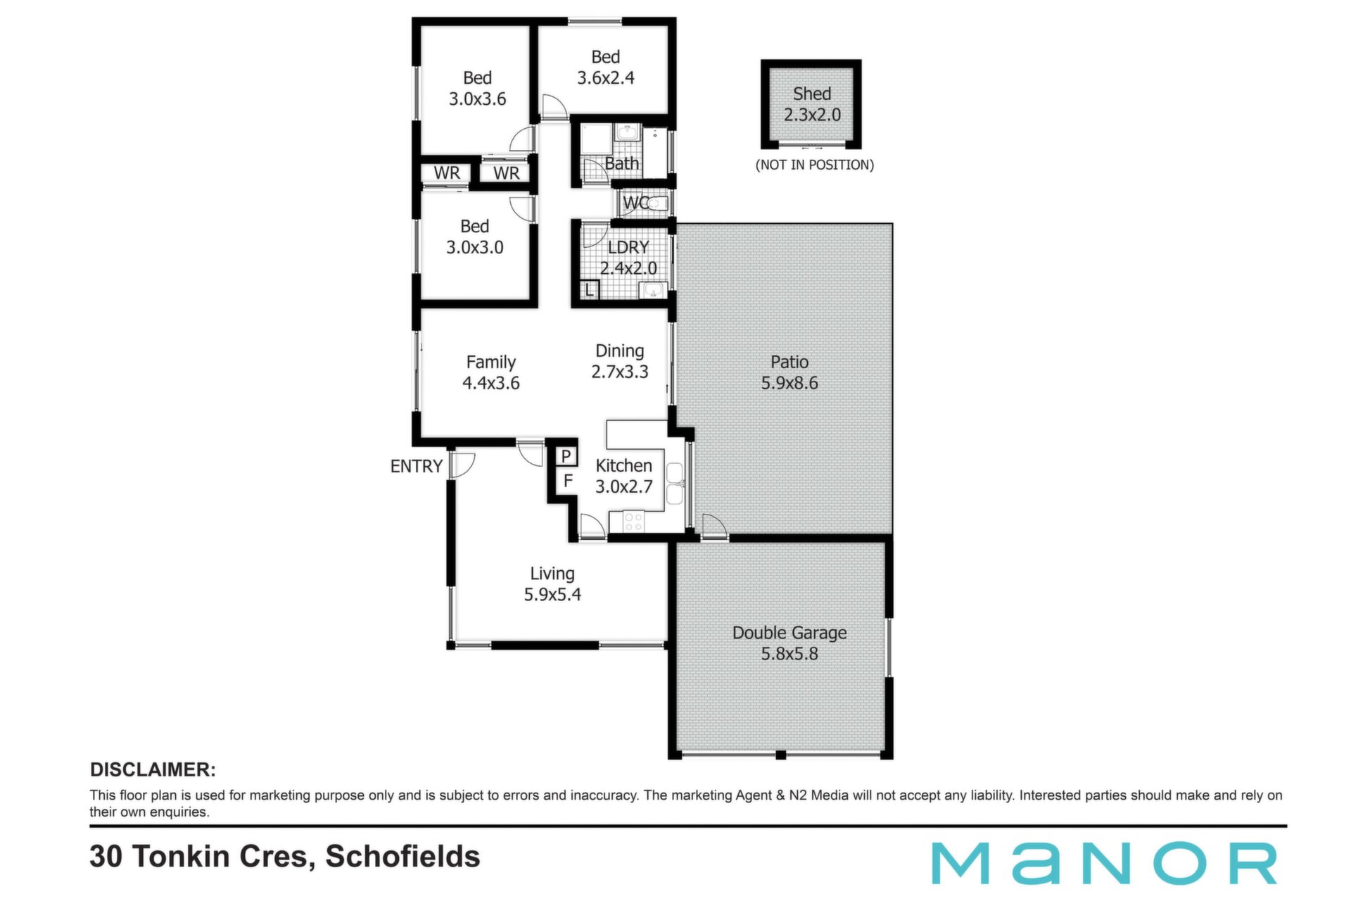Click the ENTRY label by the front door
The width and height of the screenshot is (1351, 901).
click(416, 466)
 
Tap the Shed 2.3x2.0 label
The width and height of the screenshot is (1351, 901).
click(812, 104)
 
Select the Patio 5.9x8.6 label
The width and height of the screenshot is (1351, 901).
click(789, 372)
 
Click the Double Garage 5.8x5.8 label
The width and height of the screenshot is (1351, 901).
click(789, 643)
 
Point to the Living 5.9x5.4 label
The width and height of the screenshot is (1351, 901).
click(552, 584)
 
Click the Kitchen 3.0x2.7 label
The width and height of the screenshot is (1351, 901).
click(624, 476)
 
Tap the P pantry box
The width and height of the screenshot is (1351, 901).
click(566, 456)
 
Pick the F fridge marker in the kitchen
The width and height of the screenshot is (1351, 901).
click(568, 481)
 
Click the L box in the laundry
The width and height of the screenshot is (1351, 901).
click(590, 289)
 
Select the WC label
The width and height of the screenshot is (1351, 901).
click(636, 203)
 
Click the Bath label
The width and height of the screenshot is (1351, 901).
click(622, 163)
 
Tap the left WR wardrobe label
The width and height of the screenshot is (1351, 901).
click(447, 173)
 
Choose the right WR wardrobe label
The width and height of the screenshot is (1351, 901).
click(507, 173)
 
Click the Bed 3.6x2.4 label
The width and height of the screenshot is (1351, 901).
click(606, 68)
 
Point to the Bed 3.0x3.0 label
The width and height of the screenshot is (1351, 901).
click(475, 237)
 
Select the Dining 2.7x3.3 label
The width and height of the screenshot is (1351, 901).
click(620, 361)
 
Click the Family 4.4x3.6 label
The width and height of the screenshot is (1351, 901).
click(491, 372)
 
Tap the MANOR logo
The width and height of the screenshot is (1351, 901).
click(1105, 863)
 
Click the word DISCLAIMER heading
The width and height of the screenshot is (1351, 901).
click(153, 769)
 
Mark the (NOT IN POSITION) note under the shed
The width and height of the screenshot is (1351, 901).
click(815, 165)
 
